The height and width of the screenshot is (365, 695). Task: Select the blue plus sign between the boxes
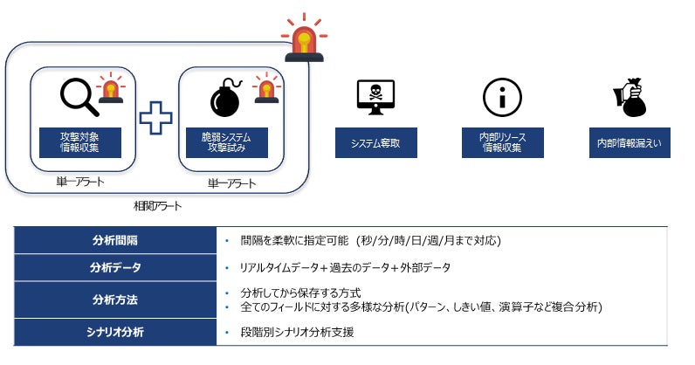coord(155,119)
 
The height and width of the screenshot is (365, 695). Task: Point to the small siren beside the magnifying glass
coord(110,89)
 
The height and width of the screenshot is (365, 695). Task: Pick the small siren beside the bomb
coord(265,89)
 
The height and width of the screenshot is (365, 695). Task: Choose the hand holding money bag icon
coord(632,97)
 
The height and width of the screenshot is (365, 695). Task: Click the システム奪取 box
coord(375,143)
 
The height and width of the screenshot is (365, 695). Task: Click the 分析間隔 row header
coord(114,240)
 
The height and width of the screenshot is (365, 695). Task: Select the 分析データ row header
coord(114,267)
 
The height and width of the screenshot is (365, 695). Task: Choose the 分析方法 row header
coord(114,300)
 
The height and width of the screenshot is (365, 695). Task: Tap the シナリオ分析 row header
coord(114,332)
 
